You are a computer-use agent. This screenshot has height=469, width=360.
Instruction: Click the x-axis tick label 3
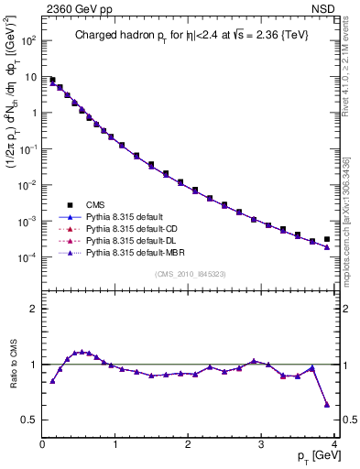(x=262, y=445)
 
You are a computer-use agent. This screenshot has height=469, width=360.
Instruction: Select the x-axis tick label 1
(x=115, y=445)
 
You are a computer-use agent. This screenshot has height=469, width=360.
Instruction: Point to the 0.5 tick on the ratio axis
(x=30, y=420)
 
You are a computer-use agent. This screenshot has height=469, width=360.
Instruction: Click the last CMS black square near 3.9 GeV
(x=327, y=239)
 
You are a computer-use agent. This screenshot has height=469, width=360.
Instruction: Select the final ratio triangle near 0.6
(x=327, y=404)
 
